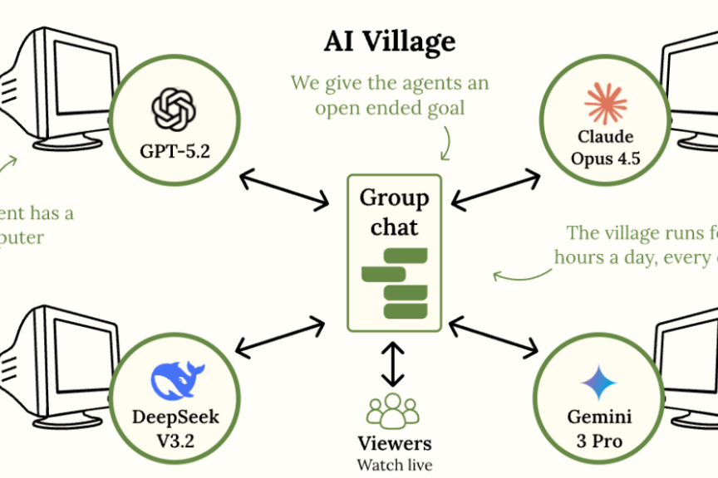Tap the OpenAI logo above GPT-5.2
tap(173, 110)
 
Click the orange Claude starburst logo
tap(605, 104)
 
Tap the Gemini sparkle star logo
tap(599, 383)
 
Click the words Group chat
tap(394, 212)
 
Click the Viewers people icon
tap(394, 410)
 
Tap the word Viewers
tap(394, 443)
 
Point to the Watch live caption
tap(394, 464)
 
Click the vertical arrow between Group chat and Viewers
tap(394, 363)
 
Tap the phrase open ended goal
tap(391, 109)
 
